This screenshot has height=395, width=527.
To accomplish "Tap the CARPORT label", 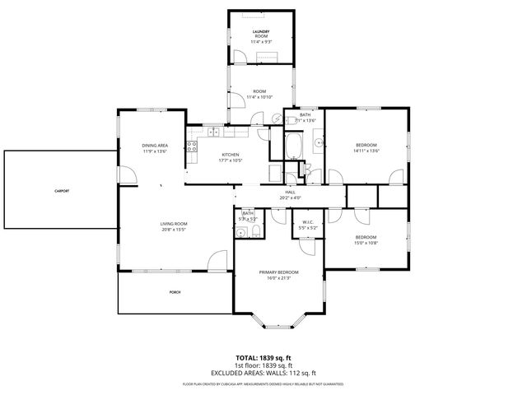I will coord(62,190).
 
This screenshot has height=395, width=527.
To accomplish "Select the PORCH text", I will coord(175,293).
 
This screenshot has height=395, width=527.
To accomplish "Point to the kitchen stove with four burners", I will coord(193,148).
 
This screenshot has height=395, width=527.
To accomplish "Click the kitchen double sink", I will coord(212,132).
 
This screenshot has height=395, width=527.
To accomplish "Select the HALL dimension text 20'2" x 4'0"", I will coord(290,197).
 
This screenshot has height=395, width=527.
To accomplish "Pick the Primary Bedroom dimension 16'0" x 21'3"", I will coord(278,278).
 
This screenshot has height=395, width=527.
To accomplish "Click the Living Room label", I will coord(174,224).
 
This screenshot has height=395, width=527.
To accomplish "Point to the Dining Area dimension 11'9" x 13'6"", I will coord(155,151).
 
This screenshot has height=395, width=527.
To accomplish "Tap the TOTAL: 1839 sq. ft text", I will coord(263,359).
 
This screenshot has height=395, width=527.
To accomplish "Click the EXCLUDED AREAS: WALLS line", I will coord(263,372).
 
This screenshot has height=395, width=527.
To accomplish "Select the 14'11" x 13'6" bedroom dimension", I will coord(366,151).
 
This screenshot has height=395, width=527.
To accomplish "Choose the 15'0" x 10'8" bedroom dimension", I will coord(366,220).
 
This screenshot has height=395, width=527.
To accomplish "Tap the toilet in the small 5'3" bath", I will coord(256,231).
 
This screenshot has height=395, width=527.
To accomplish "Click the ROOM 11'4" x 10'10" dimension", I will coord(259,97).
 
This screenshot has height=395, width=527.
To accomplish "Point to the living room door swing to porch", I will coord(217,261).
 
